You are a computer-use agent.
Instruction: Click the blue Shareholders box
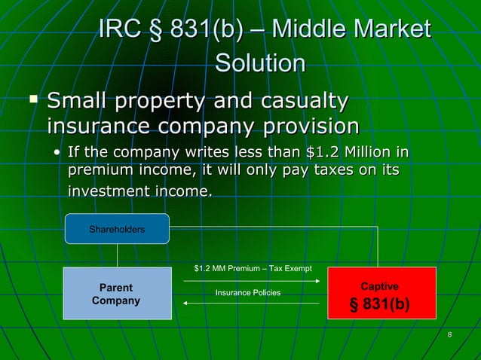click(x=117, y=229)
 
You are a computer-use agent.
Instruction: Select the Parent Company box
click(x=116, y=294)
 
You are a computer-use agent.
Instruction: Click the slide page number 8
click(x=449, y=335)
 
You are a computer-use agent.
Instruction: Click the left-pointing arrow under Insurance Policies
click(x=250, y=303)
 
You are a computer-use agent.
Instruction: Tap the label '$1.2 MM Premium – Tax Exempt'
click(x=248, y=269)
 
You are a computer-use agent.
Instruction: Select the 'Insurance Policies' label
click(x=248, y=292)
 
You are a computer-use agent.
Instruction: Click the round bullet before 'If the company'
click(x=57, y=154)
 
